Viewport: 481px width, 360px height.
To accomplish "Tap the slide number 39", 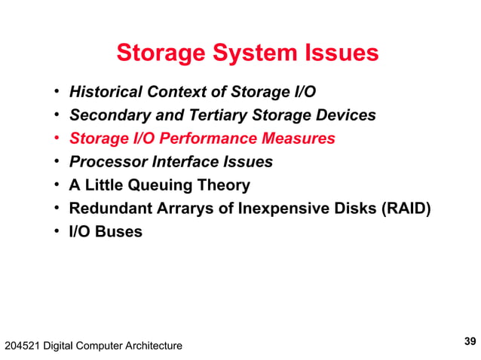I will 470,341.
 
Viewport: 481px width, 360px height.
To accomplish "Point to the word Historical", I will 105,93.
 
